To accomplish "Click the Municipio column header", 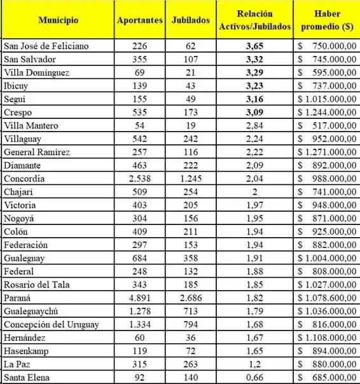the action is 58,20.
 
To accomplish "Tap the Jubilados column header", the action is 191,20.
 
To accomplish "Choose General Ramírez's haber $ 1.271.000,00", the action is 326,153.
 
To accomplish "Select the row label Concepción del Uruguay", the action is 52,326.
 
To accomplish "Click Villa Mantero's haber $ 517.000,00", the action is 326,126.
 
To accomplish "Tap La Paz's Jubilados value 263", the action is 191,366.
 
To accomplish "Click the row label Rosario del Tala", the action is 38,285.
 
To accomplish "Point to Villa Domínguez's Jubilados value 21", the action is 191,72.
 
